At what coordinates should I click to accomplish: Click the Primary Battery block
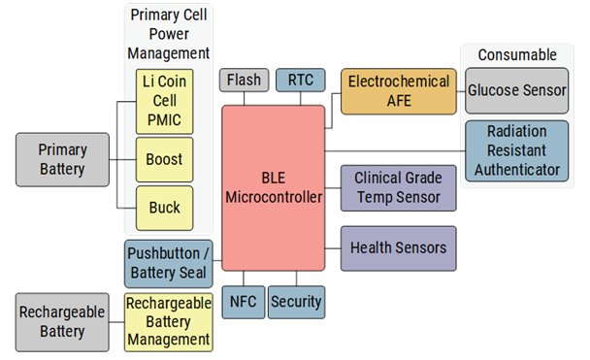coord(62,159)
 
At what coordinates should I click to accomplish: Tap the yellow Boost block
coord(165,157)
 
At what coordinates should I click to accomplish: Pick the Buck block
coord(165,208)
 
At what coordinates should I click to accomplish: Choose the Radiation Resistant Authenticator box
coord(516,150)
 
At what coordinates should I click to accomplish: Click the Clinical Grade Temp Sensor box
coord(398,188)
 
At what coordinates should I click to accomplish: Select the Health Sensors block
coord(398,248)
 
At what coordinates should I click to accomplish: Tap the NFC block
coord(243,302)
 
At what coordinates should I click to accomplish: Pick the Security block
coord(296,302)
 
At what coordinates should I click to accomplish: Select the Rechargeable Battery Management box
coord(169,320)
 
